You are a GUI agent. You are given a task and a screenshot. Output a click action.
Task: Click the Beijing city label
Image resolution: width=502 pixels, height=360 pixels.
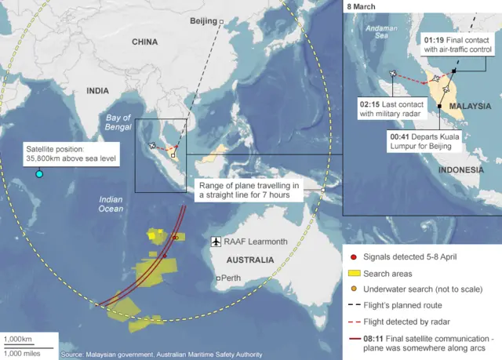pos(203,22)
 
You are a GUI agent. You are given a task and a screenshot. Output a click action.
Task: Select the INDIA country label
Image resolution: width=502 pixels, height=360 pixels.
pos(98,91)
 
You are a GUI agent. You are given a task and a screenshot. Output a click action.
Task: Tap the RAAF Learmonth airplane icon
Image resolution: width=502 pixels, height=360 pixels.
pos(216,242)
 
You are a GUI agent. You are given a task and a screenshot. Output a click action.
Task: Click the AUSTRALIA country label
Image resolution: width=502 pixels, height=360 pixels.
pos(249,260)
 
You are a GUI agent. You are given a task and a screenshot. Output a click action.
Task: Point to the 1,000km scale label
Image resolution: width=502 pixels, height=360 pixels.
pos(17,339)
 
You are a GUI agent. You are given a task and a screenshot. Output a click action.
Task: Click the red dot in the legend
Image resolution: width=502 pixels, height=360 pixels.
pos(355,256)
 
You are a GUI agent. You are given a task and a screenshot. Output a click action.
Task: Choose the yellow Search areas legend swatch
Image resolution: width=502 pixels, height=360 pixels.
pos(355,273)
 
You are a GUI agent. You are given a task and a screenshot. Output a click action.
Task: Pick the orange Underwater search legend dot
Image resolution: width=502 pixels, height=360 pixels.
pos(355,289)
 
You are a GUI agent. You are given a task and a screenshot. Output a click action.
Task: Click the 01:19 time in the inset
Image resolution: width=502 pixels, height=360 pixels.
pos(436,38)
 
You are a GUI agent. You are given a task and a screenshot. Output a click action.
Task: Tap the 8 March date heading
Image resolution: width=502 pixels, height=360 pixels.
pos(363,6)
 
